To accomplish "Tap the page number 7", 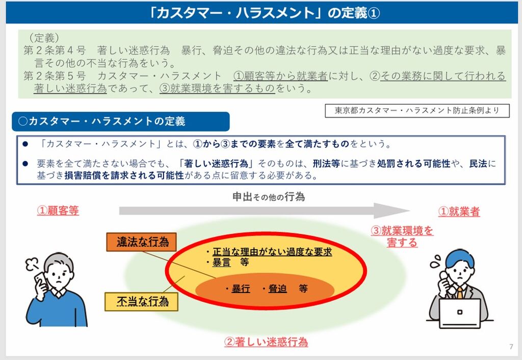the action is point(511,347).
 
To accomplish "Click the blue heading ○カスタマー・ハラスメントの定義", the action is point(120,121).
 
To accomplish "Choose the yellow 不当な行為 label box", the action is point(142,301).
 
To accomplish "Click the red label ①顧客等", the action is point(58,211).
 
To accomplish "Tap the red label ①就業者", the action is point(459,212).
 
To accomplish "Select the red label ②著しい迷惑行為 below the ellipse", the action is point(266,342).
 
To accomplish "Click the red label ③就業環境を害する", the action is point(402,237).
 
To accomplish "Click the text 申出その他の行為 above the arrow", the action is point(269,196).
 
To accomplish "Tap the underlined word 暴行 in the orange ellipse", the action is point(241,289).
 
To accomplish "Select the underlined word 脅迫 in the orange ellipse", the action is point(277,289).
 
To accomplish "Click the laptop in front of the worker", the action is point(459,313).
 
